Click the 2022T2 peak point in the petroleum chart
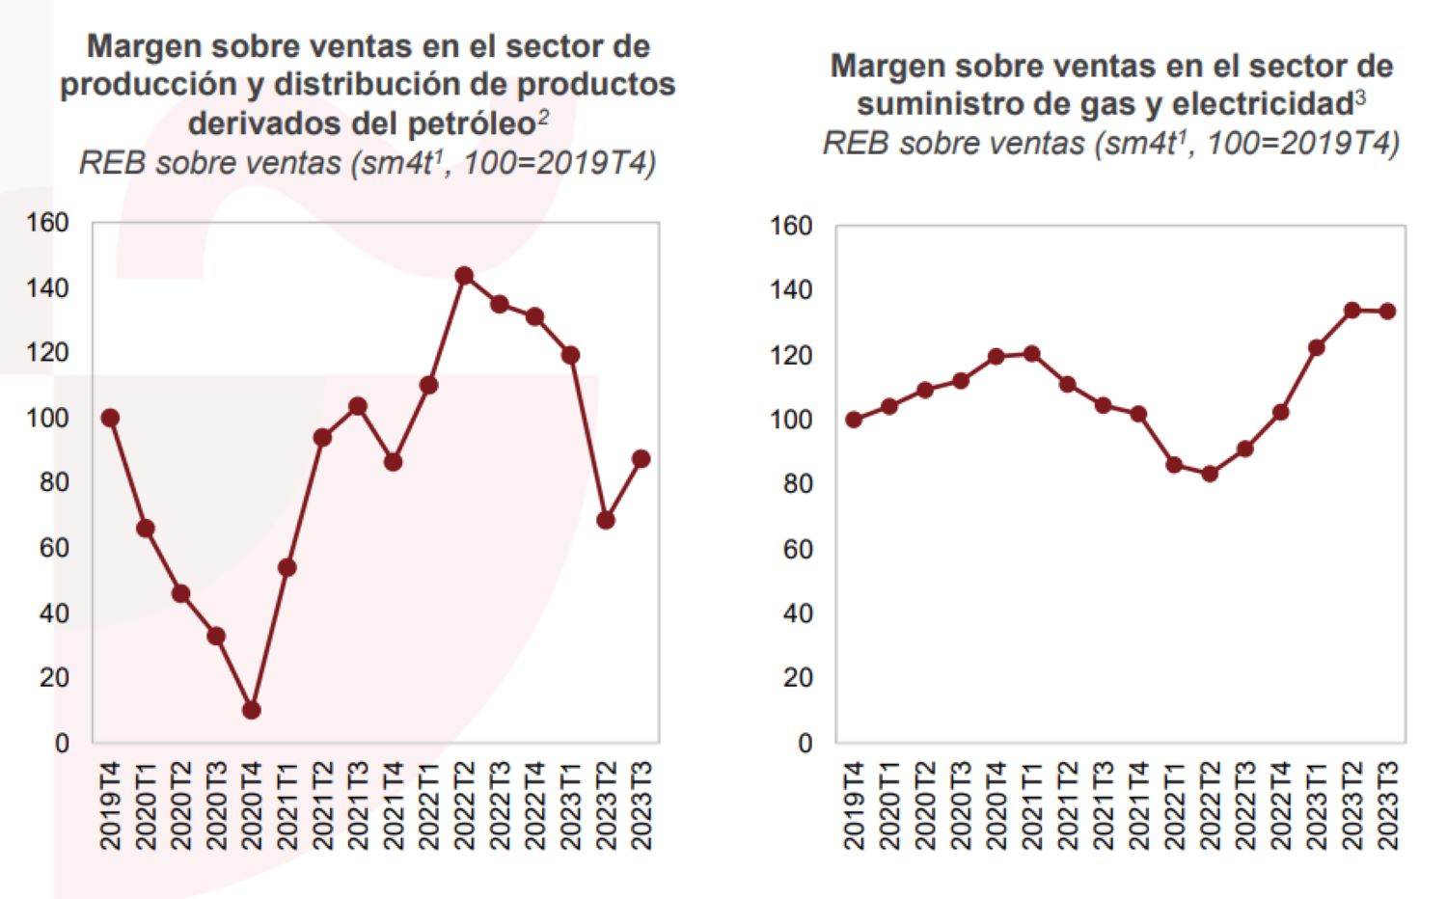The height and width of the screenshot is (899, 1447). coord(464,276)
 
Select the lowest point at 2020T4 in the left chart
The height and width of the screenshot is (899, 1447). coord(252,710)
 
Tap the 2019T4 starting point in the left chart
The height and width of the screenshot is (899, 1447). coord(110,418)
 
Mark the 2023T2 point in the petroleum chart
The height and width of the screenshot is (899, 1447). coord(606,521)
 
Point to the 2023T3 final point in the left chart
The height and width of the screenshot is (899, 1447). coord(641,459)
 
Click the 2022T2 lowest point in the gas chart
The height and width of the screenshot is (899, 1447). coord(1210,474)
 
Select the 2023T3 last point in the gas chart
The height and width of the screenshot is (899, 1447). coord(1387,312)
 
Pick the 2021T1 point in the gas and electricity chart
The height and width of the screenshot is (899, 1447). coord(1031,354)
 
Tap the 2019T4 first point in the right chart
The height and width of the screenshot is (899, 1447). coord(854,420)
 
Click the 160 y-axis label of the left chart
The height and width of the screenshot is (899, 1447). coord(47,223)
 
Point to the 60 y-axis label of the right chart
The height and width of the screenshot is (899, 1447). coord(798,549)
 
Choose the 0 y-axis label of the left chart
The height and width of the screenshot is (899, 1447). coord(62,744)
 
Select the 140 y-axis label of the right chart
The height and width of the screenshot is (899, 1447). coord(791,290)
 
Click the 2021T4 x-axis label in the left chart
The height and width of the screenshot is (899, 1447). coord(393,805)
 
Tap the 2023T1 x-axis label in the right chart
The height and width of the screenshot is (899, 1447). coord(1317,805)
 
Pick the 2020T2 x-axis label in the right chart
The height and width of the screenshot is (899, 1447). coord(925,805)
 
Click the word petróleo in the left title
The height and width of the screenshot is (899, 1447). coord(472,123)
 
